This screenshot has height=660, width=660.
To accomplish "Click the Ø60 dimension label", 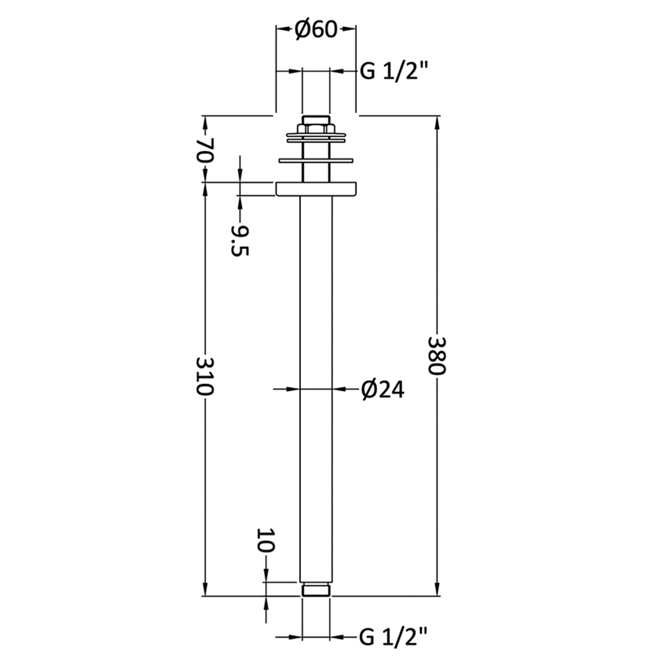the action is pos(315,30).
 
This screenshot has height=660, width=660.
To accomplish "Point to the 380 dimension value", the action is pos(436,355).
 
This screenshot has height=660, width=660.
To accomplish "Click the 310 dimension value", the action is pos(205,376).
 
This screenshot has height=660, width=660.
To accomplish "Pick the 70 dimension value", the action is pos(205,150).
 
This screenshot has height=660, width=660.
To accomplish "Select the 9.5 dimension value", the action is pos(240,240).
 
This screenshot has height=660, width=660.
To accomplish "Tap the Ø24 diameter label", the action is pos(383,389).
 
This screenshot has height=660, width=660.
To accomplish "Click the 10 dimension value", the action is pos(265,541).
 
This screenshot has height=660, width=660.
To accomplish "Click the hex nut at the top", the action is pos(315,128).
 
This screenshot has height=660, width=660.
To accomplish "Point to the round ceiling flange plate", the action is pos(315,189).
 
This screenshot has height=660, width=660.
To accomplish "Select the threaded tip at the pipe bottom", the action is pos(315,589).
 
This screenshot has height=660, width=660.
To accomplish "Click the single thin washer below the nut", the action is pos(315,160).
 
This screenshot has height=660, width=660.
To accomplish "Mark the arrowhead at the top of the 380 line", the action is pos(437,123).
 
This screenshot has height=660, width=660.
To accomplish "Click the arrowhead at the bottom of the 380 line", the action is pos(437,589).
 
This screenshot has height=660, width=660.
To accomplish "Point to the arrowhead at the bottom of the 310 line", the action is pos(205,589).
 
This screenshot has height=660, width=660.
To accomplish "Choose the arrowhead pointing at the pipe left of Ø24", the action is pos(292,389).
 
